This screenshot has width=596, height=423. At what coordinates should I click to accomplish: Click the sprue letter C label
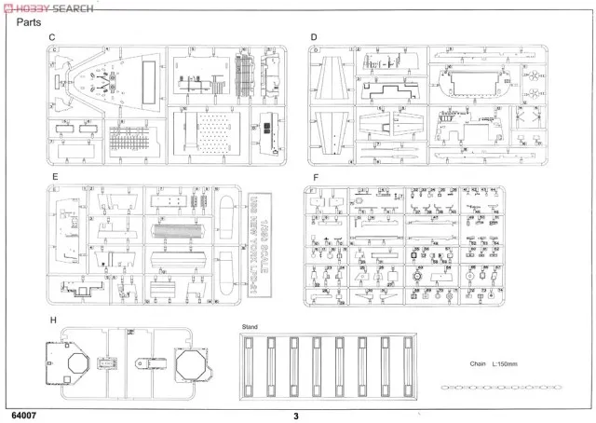(x=52, y=37)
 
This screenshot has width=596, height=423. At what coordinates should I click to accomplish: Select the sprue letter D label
(x=314, y=37)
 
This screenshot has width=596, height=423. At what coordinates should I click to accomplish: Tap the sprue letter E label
(x=57, y=175)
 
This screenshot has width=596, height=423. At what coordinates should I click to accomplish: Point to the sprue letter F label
(x=317, y=175)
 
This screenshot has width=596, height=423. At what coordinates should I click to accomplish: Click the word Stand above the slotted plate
(x=250, y=327)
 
